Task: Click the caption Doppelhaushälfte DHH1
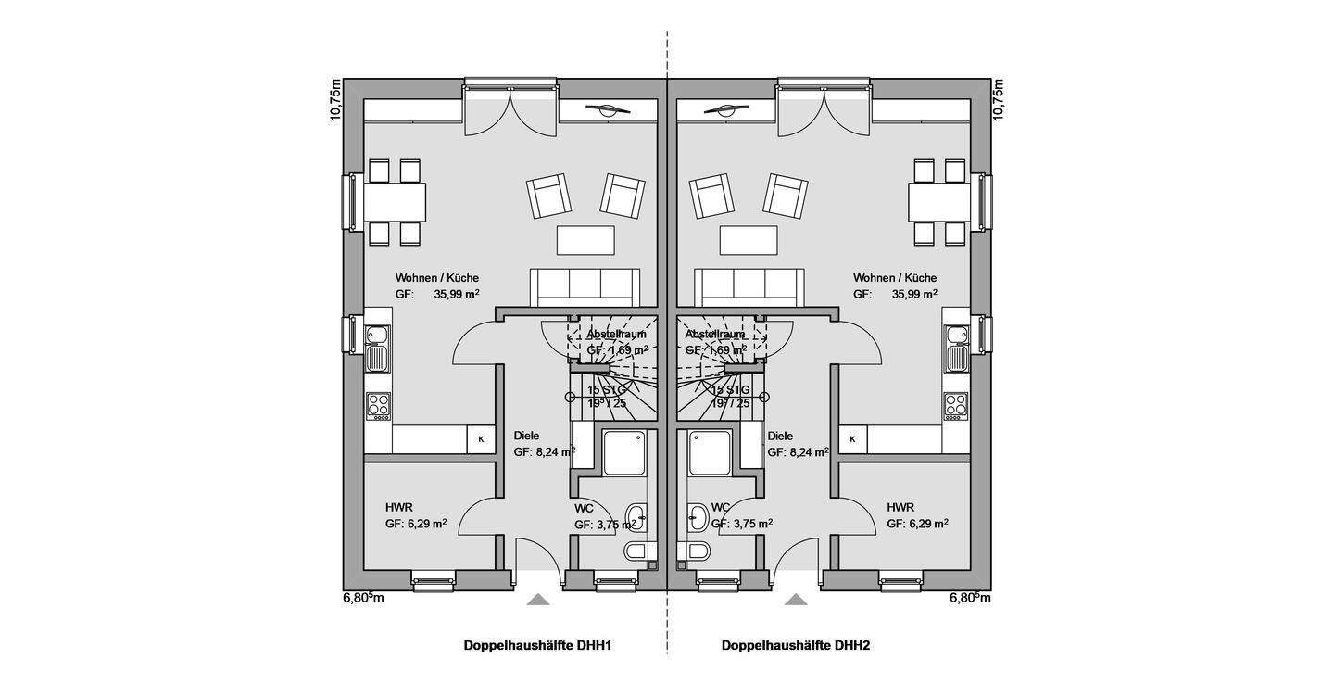537,645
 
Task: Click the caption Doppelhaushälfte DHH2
796,645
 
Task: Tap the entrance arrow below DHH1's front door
538,601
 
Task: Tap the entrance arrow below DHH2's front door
795,601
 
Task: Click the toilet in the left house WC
636,551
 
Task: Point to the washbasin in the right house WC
697,514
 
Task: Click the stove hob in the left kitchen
379,403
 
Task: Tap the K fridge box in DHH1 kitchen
481,439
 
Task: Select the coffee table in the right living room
749,239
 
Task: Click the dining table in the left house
395,199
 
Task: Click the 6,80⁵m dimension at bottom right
970,598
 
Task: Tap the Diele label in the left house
526,436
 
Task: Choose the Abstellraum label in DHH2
715,334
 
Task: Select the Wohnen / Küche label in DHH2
895,278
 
